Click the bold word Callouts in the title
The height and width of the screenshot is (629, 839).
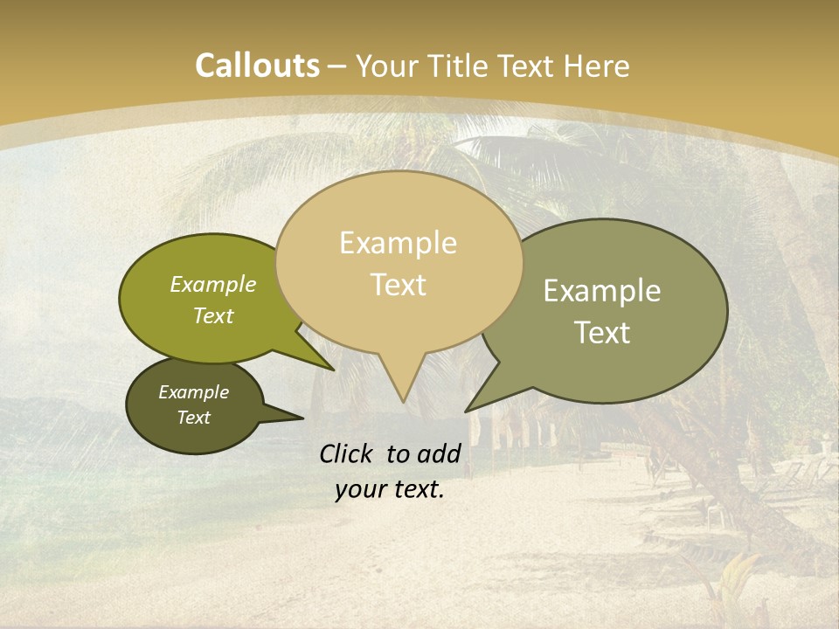point(257,66)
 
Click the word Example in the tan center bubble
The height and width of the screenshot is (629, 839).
point(398,243)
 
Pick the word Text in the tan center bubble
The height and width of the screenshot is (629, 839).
point(398,285)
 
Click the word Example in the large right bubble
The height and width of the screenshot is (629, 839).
point(602,291)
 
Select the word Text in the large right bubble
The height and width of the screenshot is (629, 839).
point(602,333)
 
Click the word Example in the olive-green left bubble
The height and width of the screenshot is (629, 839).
point(213,284)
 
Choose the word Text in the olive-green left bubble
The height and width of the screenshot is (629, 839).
point(213,315)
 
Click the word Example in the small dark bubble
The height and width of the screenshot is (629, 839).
point(193,392)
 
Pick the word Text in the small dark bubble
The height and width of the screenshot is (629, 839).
point(193,418)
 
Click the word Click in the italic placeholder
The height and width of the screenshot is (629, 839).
point(347,453)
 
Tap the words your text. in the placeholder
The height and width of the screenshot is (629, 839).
point(390,489)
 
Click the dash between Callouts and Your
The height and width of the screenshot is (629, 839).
point(337,67)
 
